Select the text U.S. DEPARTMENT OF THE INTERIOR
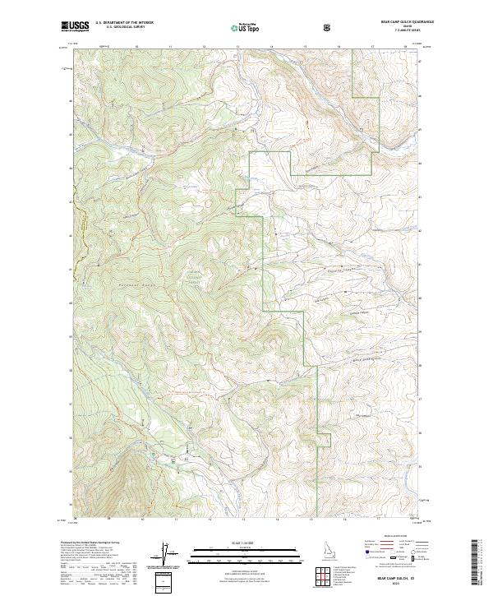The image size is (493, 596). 124,23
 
